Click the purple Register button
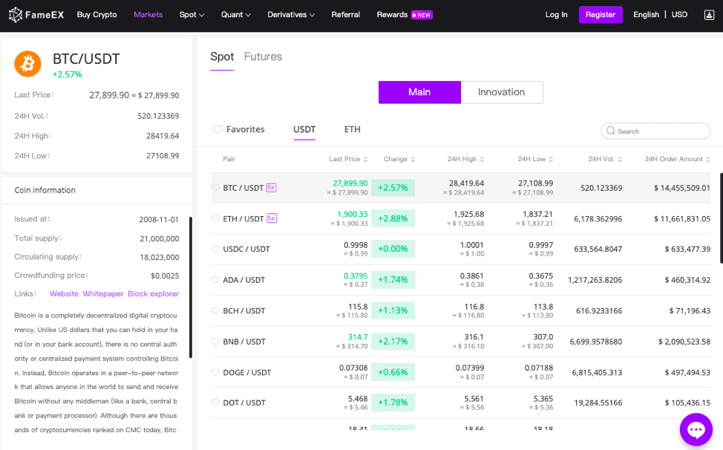point(601,15)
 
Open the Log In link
point(556,15)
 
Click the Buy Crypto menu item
point(96,15)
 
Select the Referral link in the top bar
point(345,15)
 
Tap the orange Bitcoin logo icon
point(28,64)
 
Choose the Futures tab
point(263,56)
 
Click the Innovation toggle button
point(501,92)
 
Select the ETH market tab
point(352,129)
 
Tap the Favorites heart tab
point(238,129)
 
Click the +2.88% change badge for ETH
point(393,218)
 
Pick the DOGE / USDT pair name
point(246,372)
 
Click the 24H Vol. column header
point(601,159)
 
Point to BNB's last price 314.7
point(358,337)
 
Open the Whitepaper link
point(103,294)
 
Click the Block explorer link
point(153,294)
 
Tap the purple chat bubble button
point(696,429)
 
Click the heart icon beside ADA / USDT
point(216,280)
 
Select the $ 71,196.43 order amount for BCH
point(684,310)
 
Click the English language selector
point(646,15)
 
